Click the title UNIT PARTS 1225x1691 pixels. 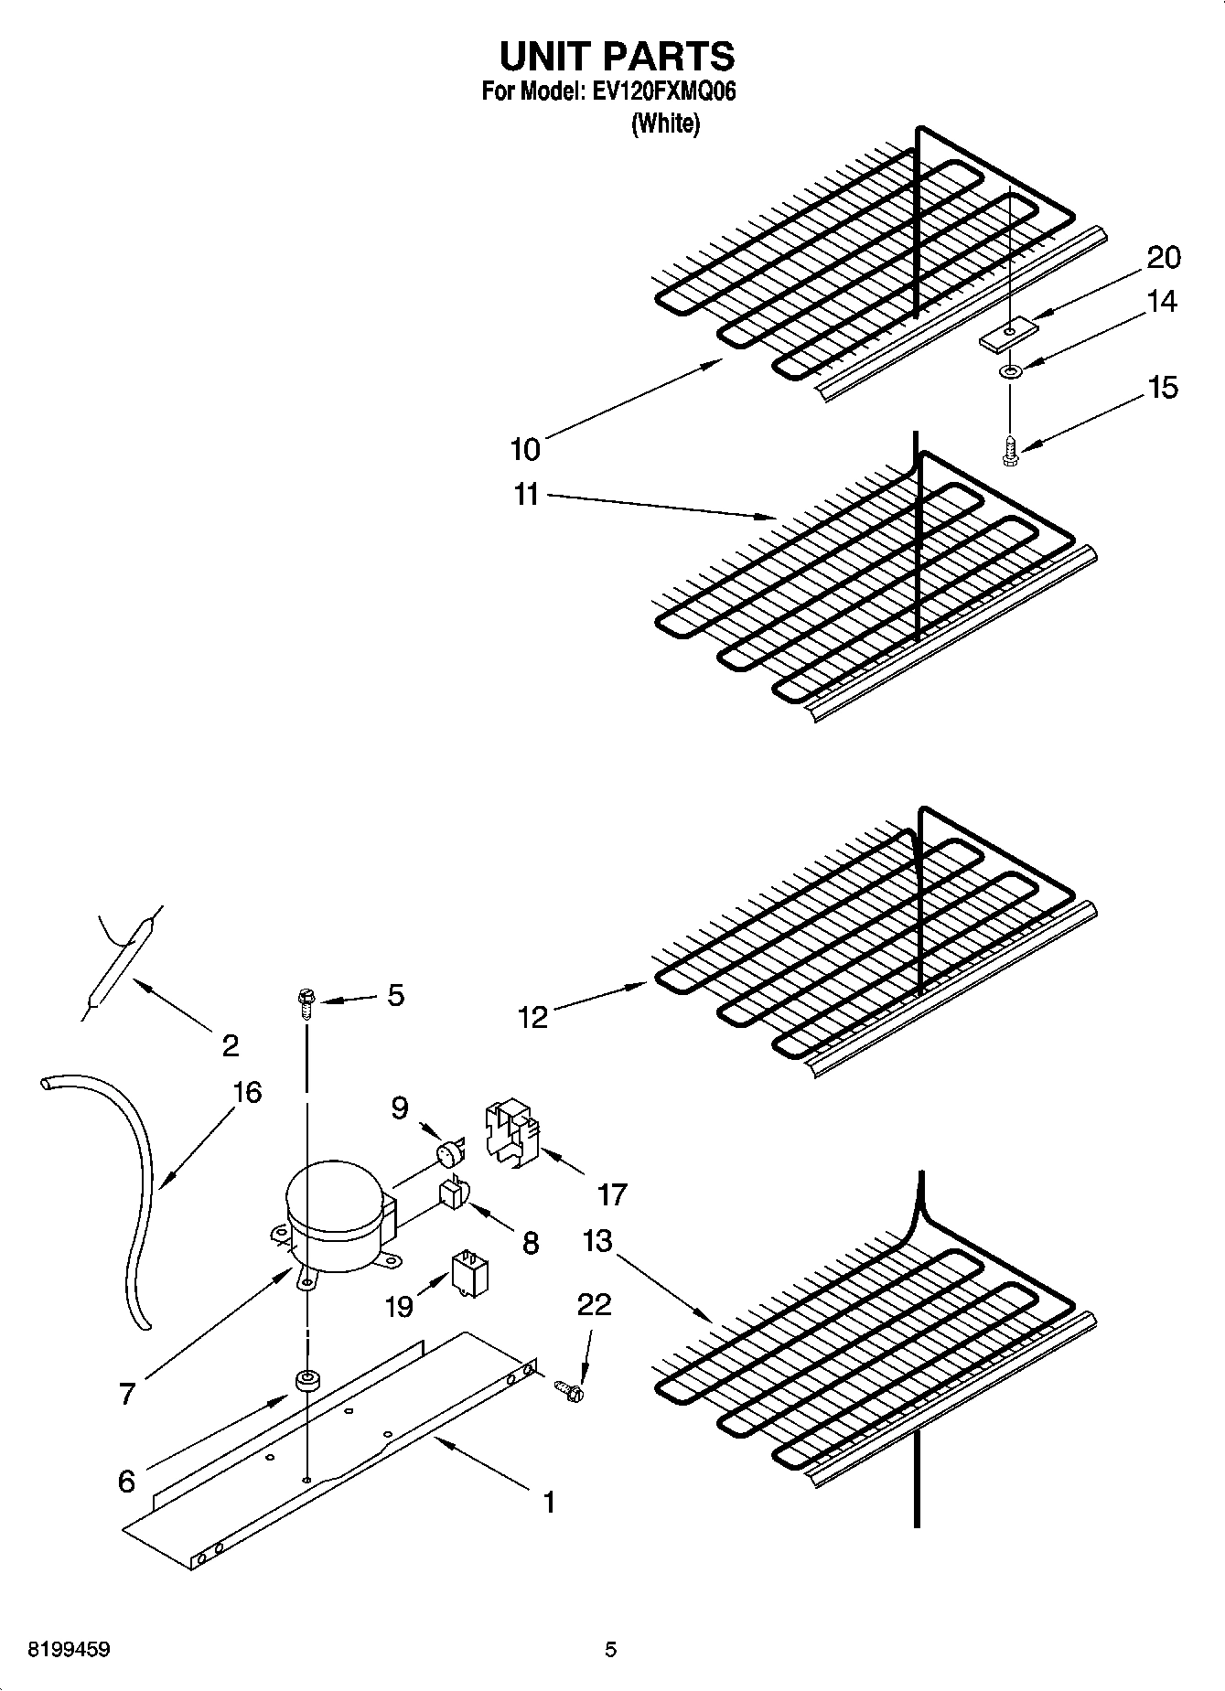[x=616, y=57]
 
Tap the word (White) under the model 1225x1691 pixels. [x=665, y=123]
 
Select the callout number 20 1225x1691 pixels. [x=1163, y=258]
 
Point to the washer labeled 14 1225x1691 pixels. [x=1010, y=372]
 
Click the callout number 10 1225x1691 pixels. [x=525, y=449]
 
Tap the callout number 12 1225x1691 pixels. [x=532, y=1016]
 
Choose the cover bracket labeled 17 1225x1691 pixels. [x=510, y=1135]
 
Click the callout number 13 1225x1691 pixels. [x=596, y=1241]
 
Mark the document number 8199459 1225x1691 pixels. [x=69, y=1650]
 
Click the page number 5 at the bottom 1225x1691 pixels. [x=610, y=1650]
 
